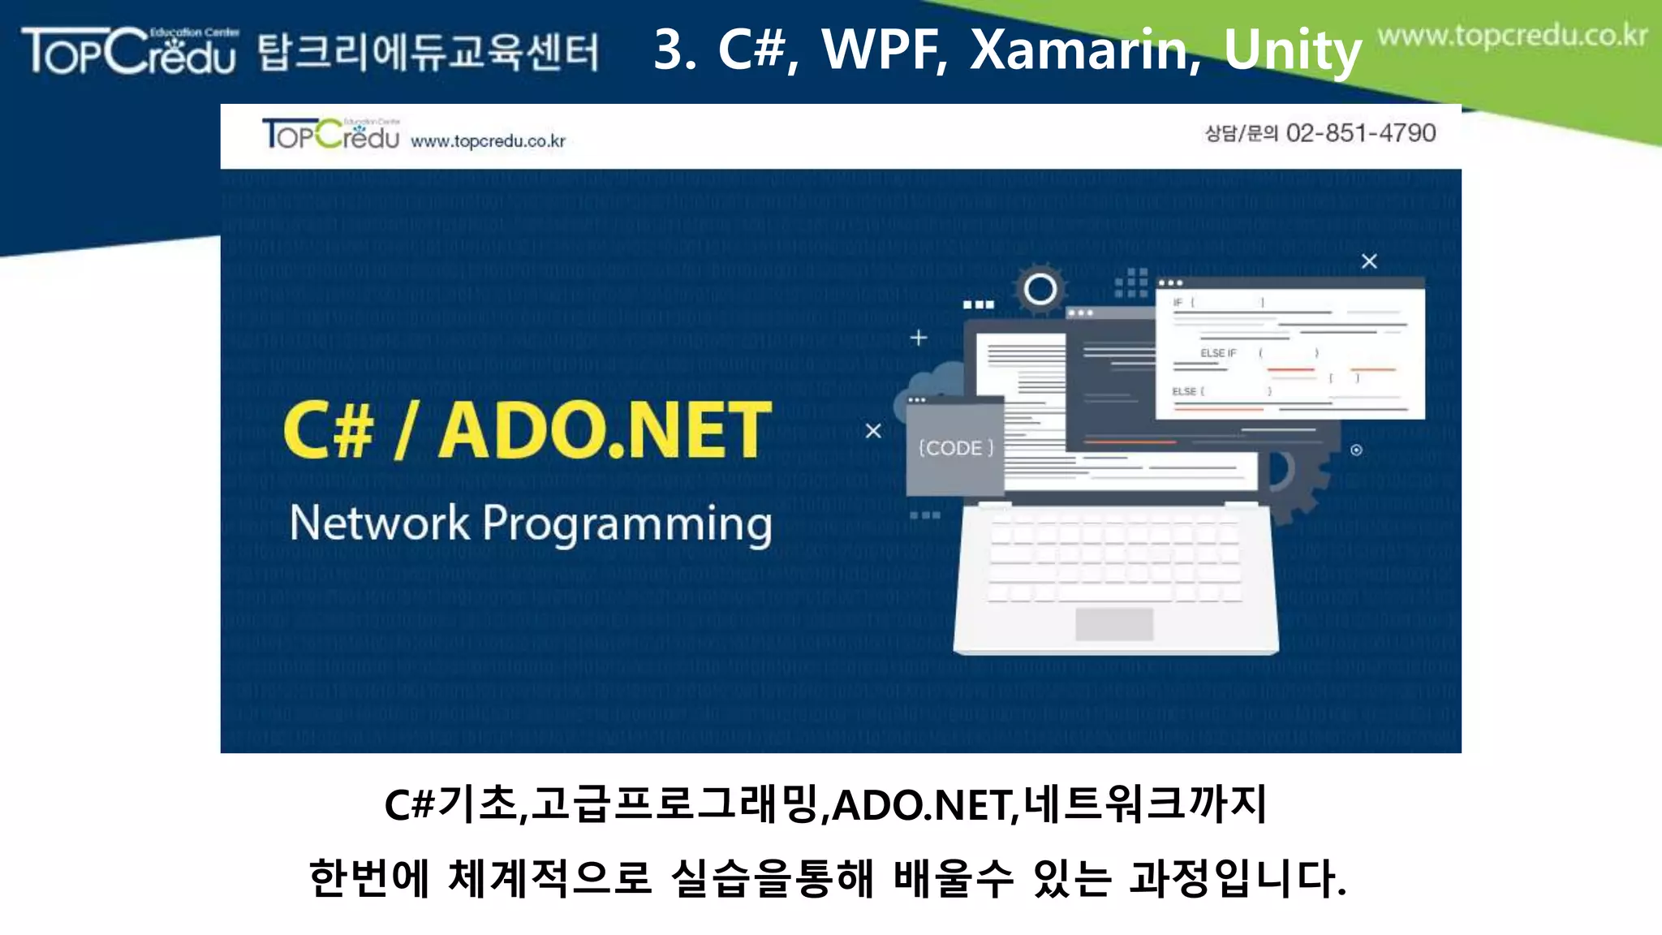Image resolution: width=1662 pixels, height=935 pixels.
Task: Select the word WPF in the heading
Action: (x=885, y=50)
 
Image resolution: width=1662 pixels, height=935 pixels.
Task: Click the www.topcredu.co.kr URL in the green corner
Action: (x=1513, y=37)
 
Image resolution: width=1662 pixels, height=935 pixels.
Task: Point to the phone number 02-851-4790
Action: (x=1361, y=133)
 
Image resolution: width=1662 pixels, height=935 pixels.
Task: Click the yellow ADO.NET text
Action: (x=605, y=430)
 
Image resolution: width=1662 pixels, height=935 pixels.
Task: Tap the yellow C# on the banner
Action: (x=329, y=430)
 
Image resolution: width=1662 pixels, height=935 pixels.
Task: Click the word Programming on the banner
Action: (x=627, y=525)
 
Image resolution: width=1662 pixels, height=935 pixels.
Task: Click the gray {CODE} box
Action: (x=955, y=448)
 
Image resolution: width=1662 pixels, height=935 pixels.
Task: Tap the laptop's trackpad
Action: (x=1114, y=624)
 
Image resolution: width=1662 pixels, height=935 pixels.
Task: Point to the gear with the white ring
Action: (x=1040, y=289)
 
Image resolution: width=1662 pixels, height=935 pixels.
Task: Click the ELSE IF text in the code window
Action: (x=1218, y=353)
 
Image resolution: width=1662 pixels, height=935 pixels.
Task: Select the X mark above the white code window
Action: (x=1369, y=261)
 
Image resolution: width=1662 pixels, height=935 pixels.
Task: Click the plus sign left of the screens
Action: (x=919, y=338)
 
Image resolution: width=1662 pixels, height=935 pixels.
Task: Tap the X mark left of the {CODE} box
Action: (x=873, y=431)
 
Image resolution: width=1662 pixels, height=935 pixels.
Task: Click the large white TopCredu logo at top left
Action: (x=130, y=50)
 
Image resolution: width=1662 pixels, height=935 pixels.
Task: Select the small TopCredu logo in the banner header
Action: (x=330, y=135)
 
